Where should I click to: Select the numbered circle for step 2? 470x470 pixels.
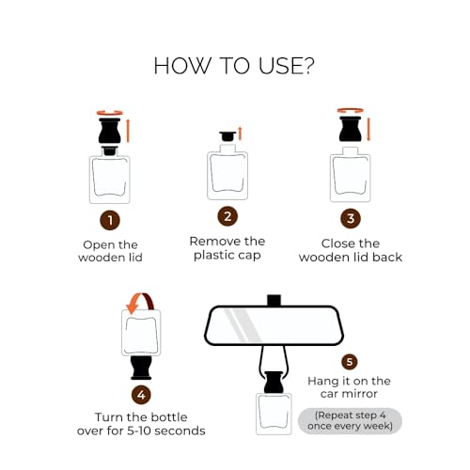point(227,216)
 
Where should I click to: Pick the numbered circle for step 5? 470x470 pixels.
point(350,361)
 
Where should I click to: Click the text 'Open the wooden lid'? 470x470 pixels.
point(110,251)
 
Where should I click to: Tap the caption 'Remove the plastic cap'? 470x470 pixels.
point(227,248)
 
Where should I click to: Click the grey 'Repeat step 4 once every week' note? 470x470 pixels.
point(350,420)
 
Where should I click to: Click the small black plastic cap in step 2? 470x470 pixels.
point(227,137)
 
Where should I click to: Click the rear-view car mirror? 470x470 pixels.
point(272,325)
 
